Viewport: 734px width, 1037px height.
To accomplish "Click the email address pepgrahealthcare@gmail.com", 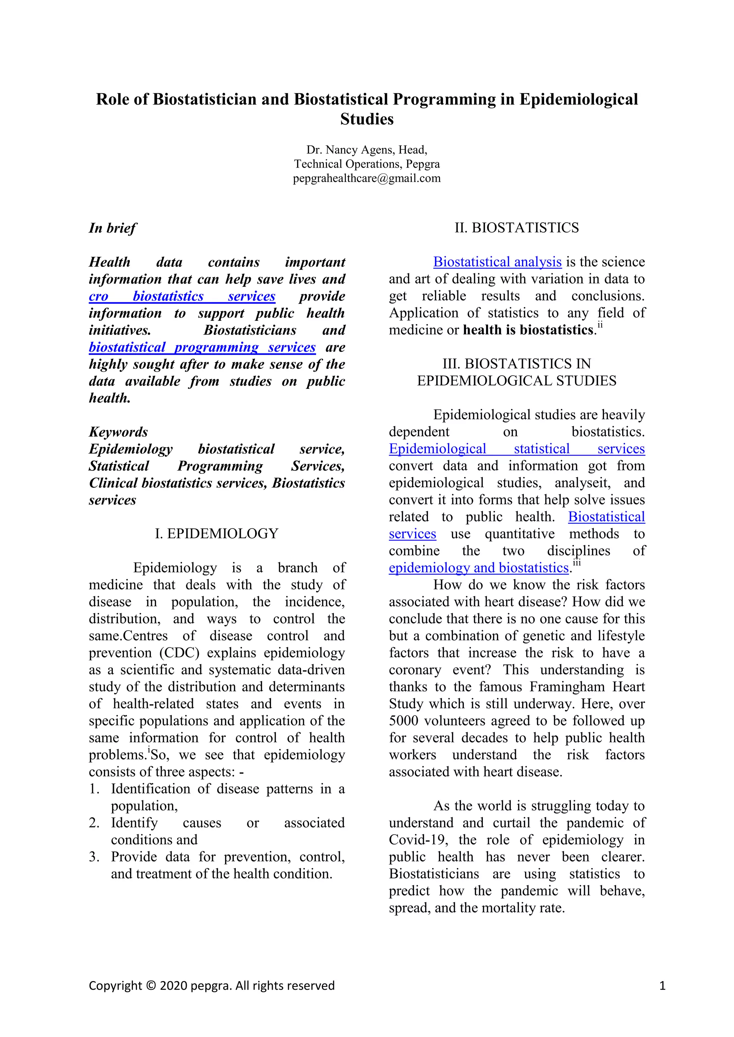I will [367, 178].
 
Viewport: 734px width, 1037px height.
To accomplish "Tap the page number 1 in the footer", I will [662, 985].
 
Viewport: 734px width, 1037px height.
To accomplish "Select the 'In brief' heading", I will [113, 228].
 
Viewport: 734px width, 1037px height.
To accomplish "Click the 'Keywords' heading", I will [118, 432].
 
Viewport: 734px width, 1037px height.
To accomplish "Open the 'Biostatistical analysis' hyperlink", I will [497, 262].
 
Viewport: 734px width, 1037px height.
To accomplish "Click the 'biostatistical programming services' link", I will [202, 347].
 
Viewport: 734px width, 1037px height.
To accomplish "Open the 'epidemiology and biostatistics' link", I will [478, 568].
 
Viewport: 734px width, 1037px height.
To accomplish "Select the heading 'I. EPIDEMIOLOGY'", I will [216, 534].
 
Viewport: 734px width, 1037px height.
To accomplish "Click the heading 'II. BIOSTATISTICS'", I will [516, 228].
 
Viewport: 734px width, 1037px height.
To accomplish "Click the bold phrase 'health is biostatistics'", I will [528, 330].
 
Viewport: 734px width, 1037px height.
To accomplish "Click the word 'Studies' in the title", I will [367, 119].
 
